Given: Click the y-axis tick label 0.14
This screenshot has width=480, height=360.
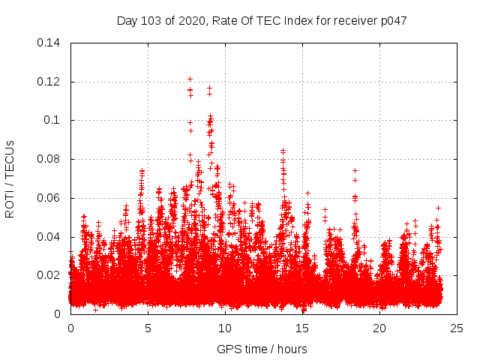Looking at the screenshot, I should [x=49, y=43].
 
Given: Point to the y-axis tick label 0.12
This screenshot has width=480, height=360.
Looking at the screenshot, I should [x=49, y=82].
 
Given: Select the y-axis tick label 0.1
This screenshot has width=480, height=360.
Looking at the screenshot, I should [x=52, y=120].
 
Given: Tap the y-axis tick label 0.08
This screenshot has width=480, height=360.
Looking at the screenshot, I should [x=49, y=159].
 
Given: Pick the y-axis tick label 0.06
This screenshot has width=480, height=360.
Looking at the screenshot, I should [x=49, y=198].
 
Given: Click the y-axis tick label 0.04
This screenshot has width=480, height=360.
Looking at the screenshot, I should [x=49, y=237].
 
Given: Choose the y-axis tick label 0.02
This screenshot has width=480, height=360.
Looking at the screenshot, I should [x=49, y=275].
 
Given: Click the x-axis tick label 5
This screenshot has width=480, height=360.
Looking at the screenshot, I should [x=148, y=328].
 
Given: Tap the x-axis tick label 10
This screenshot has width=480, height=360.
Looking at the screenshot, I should [x=225, y=328].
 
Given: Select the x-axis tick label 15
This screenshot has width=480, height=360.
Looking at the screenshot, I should [x=302, y=328].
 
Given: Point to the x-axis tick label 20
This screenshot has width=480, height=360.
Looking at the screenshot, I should [x=379, y=328].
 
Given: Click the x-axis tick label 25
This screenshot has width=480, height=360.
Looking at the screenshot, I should [x=457, y=328].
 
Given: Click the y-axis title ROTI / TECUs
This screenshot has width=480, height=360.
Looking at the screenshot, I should [x=10, y=178].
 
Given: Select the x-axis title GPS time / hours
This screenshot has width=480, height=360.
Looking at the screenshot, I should [x=262, y=349].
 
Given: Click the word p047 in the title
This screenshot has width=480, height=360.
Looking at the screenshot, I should [x=392, y=20].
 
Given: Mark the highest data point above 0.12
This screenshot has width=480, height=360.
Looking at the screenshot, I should [x=190, y=79].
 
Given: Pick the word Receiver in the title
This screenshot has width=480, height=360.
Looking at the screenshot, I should [x=353, y=20].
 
